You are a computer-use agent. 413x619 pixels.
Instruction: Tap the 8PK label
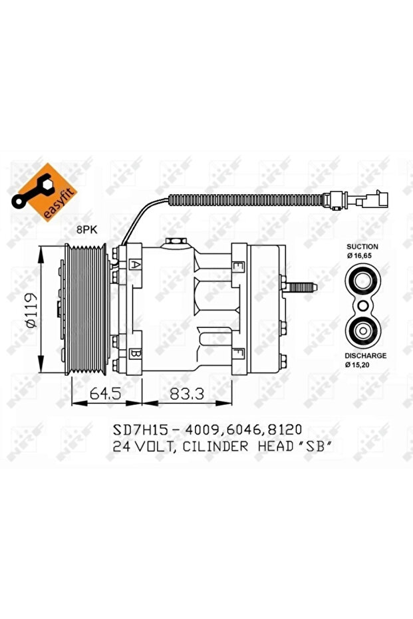click(86, 229)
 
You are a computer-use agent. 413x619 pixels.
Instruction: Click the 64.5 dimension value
click(106, 393)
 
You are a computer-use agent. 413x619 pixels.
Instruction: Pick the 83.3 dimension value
click(186, 393)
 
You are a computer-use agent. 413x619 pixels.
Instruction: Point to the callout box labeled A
click(136, 265)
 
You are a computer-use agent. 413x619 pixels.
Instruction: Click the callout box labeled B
click(136, 353)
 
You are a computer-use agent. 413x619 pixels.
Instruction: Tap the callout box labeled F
click(237, 352)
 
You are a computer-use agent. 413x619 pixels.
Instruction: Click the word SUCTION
click(362, 245)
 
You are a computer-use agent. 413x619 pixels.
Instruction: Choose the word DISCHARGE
click(364, 356)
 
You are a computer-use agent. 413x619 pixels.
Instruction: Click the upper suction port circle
click(362, 281)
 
